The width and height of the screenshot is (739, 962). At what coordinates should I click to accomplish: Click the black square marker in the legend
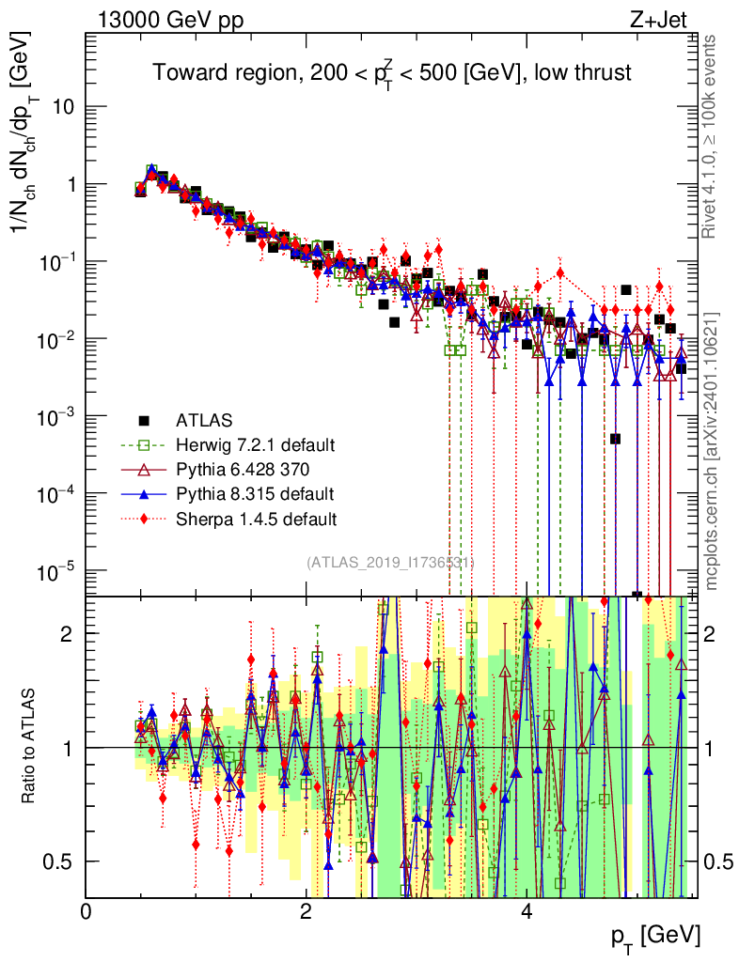[x=144, y=419]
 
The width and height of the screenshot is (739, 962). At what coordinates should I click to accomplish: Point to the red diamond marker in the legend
[x=144, y=518]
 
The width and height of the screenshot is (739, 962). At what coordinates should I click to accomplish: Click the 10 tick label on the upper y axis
[x=62, y=106]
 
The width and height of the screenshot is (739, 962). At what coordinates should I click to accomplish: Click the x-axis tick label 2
[x=307, y=911]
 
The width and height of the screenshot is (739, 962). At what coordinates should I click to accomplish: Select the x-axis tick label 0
[x=86, y=911]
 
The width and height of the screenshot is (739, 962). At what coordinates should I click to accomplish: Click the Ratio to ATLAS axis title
[x=30, y=746]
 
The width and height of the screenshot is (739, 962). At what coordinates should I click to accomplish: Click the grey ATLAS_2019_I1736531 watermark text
[x=390, y=563]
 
